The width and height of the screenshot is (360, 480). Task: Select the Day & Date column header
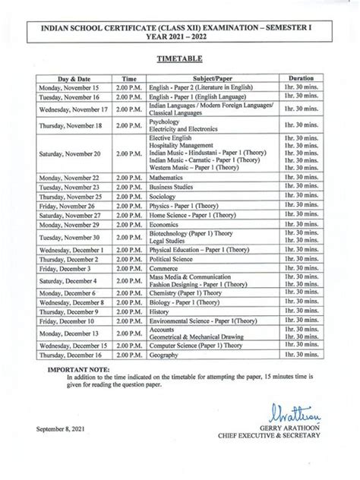(74, 78)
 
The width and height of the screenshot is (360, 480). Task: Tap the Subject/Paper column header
(212, 78)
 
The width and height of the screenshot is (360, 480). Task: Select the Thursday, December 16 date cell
(74, 355)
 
